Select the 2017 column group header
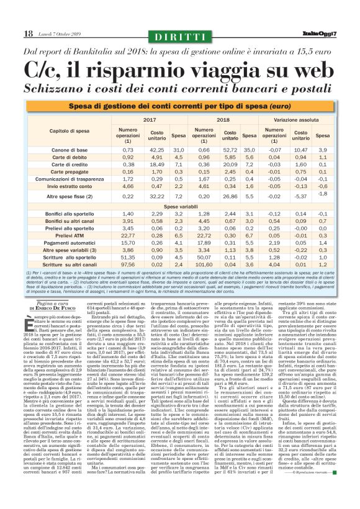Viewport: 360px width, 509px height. click(150, 119)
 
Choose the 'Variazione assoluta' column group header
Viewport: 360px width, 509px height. click(302, 119)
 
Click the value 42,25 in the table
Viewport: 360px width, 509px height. click(158, 150)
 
